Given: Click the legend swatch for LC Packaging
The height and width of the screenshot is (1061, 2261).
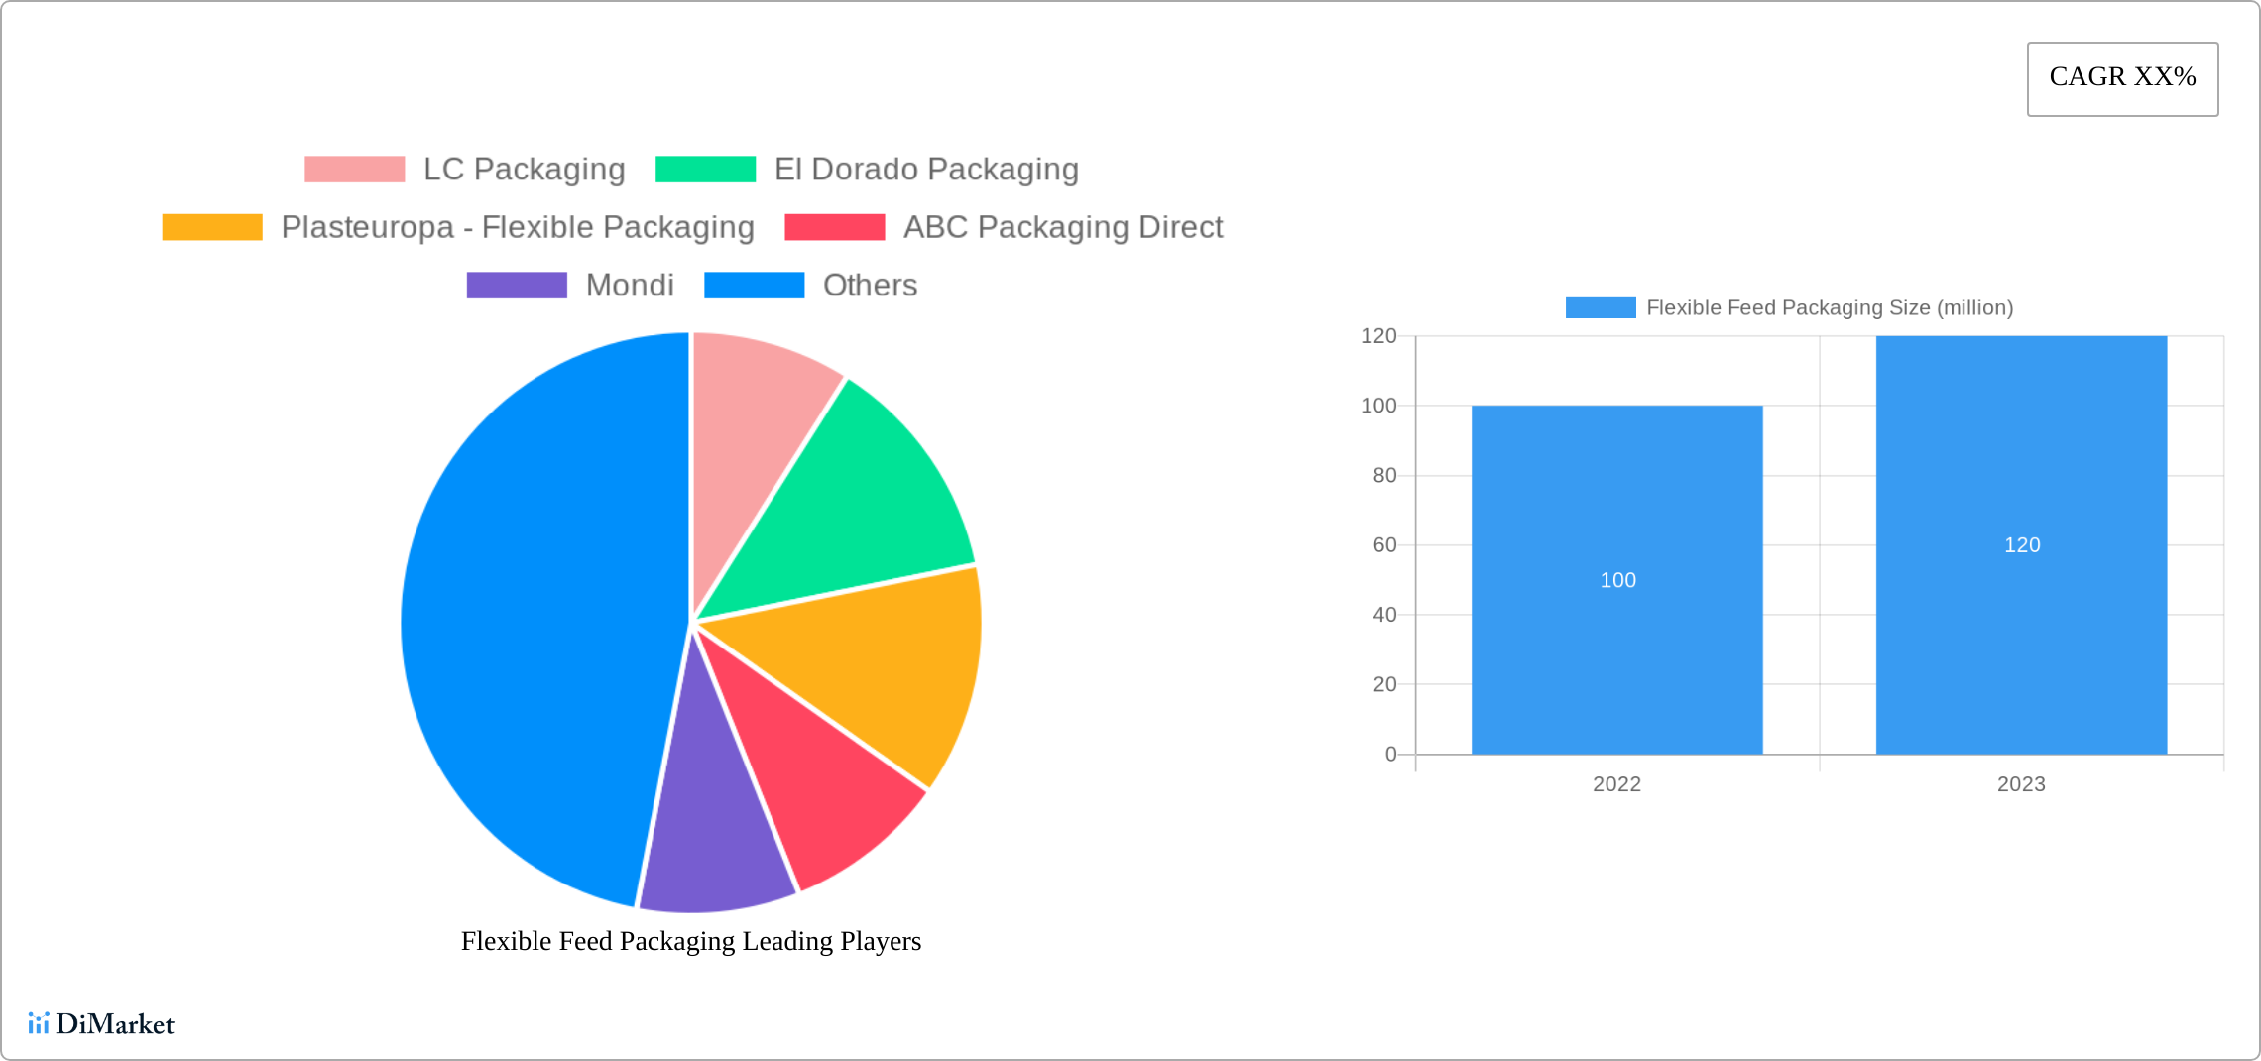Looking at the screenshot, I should coord(354,170).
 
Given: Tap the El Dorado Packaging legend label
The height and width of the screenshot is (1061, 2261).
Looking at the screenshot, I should coord(926,170).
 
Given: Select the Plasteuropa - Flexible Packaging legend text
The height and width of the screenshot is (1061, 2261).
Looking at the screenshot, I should coord(517,227).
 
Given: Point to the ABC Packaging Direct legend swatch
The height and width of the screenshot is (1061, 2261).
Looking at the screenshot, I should coord(834,227).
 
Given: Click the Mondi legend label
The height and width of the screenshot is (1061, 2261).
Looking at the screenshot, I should coord(630,286).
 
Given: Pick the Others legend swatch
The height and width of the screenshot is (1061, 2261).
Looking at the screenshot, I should coord(754,286).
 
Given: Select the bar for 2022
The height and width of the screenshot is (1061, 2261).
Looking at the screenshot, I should coord(1616,645).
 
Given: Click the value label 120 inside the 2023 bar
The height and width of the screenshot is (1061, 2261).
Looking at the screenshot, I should coord(2022,545).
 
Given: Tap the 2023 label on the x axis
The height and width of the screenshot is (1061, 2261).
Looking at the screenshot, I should coord(2021,784).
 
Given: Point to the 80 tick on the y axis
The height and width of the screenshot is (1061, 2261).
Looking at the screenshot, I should coord(1384,476).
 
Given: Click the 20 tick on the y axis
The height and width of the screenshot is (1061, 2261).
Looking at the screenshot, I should coord(1384,684).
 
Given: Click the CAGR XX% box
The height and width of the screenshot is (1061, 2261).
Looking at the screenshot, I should coord(2122,78).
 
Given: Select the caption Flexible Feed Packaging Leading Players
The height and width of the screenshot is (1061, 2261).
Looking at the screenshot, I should coord(691,941).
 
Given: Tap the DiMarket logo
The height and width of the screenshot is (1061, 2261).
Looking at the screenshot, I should coord(101,1023).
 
